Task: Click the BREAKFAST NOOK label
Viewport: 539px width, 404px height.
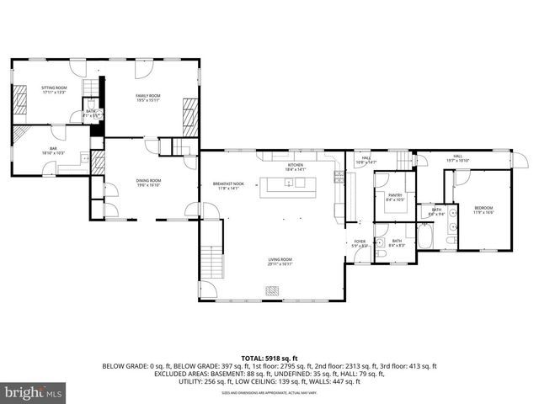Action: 228,184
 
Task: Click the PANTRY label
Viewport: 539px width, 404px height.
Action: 395,196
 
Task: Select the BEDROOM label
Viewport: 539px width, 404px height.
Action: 483,208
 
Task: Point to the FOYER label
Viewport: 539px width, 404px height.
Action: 360,242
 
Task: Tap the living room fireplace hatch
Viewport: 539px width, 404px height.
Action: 272,290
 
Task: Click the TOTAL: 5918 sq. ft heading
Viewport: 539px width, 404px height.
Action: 269,357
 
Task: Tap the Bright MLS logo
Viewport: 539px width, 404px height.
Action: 33,392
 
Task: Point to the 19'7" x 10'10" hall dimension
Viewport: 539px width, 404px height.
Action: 458,160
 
